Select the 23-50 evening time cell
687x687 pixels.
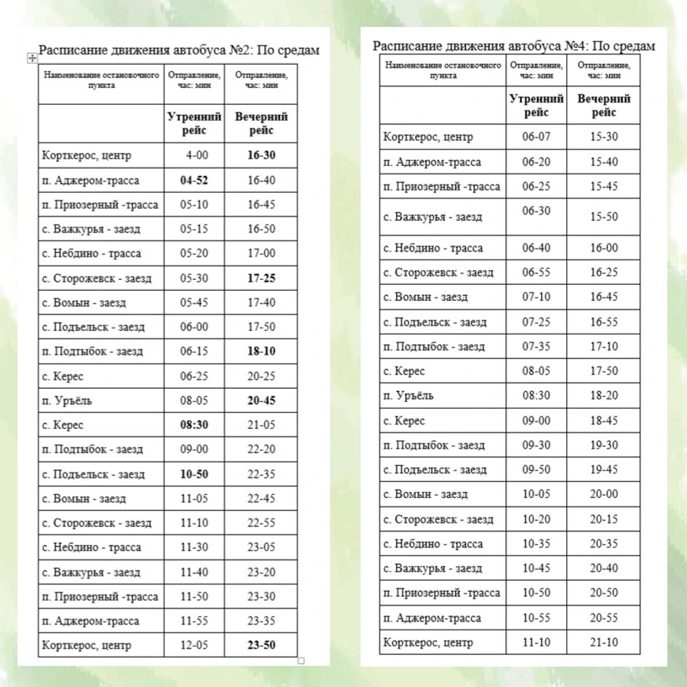[261, 645]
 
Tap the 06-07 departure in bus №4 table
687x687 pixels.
[537, 137]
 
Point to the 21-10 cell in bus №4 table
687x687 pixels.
[603, 642]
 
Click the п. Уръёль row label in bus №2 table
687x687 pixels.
[68, 401]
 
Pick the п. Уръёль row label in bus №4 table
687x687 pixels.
[409, 395]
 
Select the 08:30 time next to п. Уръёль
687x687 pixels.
[537, 395]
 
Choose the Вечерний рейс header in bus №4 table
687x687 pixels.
[603, 105]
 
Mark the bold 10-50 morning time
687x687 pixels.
[193, 474]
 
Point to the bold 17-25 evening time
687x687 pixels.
[261, 278]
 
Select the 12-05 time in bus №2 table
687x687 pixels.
[193, 645]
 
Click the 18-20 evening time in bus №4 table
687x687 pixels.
[603, 395]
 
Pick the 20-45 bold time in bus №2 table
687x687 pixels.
[261, 401]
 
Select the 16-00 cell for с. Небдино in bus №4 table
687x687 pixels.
[603, 248]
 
